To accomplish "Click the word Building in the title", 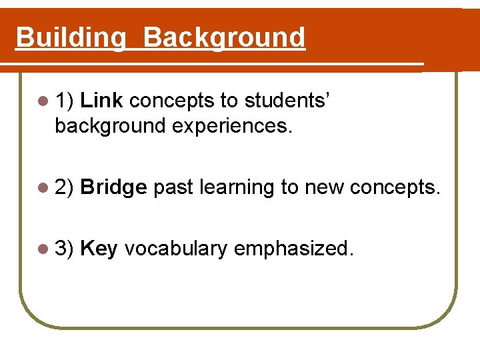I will [x=70, y=38].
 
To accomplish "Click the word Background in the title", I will [x=224, y=38].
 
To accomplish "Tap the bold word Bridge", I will [x=113, y=187].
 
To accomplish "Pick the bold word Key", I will [x=99, y=249].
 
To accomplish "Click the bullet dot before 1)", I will [x=44, y=101].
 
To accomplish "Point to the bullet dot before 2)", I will [x=44, y=188].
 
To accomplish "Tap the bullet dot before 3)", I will [x=44, y=249].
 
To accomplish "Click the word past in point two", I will [x=174, y=188].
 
